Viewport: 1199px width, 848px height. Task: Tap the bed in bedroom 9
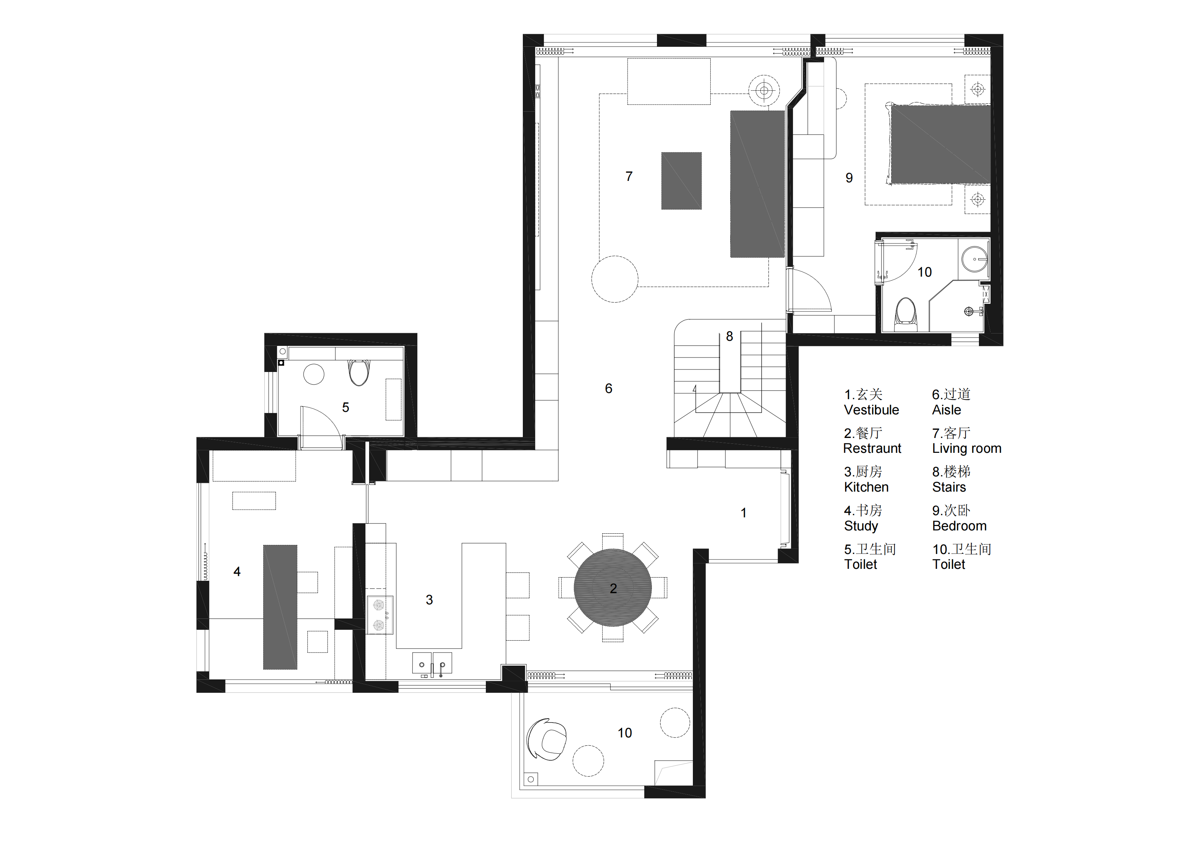point(940,144)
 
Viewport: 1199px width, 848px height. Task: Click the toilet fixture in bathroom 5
point(359,372)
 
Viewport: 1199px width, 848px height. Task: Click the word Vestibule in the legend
point(872,410)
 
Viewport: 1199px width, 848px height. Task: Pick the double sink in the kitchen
point(432,663)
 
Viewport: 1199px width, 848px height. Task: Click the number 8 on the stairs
point(729,336)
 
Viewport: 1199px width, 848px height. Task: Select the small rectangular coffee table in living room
point(682,181)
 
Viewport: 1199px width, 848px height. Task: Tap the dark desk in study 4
point(280,607)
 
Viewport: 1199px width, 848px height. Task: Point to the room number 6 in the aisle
point(608,389)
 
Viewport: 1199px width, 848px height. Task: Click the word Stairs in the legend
point(949,487)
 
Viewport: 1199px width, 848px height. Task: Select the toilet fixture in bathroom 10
point(906,314)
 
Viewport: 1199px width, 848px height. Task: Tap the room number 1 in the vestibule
point(744,513)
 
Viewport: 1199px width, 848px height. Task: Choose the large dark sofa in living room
point(757,184)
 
